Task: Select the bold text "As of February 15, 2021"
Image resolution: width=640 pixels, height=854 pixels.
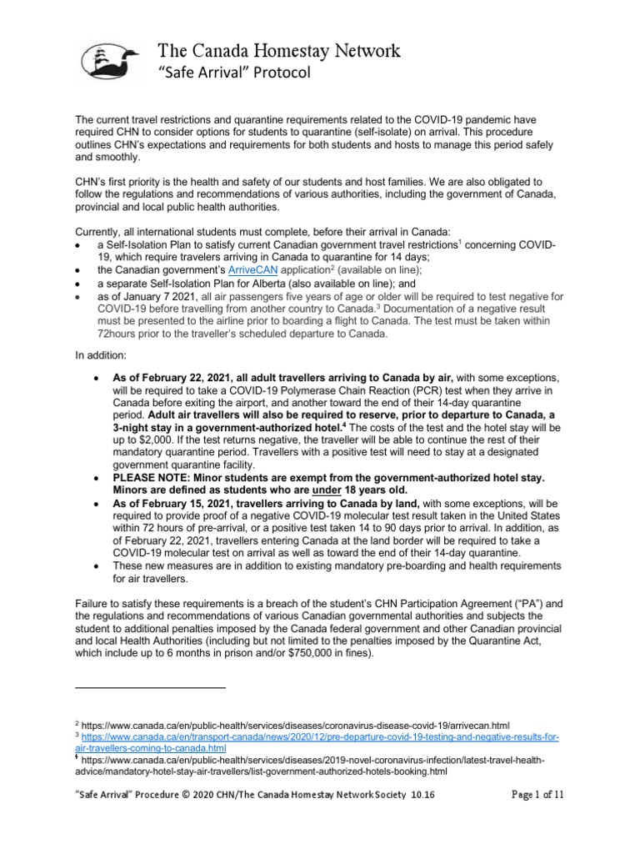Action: pyautogui.click(x=187, y=504)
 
